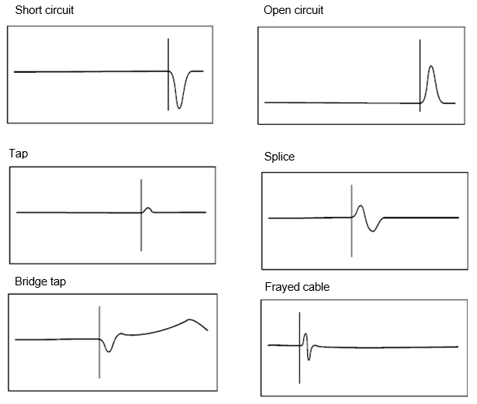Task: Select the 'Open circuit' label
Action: [293, 11]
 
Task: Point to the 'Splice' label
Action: [279, 157]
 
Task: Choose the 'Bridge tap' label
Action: [40, 281]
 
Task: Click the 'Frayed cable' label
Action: [297, 287]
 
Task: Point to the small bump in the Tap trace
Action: [149, 207]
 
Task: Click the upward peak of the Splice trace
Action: [361, 207]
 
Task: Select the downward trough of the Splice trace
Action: [375, 230]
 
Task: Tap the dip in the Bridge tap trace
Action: [109, 350]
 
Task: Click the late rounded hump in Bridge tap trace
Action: [190, 319]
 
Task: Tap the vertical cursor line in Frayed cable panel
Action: [300, 364]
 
